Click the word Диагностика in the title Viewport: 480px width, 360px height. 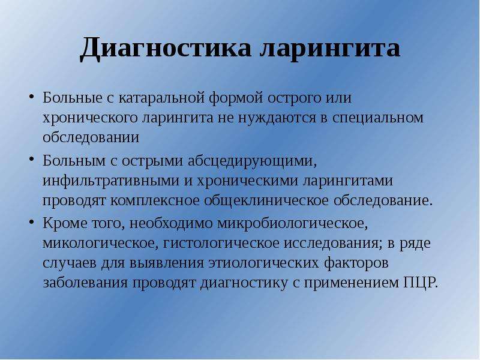point(166,49)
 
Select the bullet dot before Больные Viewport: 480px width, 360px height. point(31,97)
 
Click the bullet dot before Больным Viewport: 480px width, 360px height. point(31,160)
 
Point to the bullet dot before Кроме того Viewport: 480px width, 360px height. point(31,222)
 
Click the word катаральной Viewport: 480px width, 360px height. point(161,98)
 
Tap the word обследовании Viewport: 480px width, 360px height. point(91,137)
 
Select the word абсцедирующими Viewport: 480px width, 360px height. point(252,161)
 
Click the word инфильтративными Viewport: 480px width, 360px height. point(111,181)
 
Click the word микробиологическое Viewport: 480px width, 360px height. point(292,223)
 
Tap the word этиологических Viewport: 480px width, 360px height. point(263,263)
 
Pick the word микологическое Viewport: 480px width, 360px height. point(100,244)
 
